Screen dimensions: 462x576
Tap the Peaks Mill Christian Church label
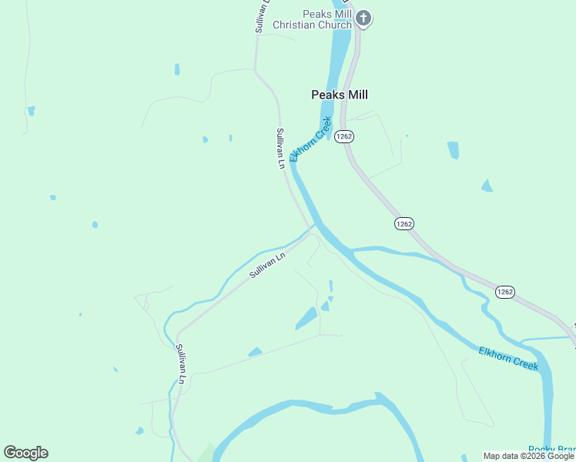pyautogui.click(x=312, y=19)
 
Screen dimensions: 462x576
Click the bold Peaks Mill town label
pyautogui.click(x=340, y=95)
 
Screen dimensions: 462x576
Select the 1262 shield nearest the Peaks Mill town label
pyautogui.click(x=344, y=136)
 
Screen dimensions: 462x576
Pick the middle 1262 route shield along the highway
pyautogui.click(x=404, y=223)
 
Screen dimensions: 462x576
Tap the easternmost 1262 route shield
pyautogui.click(x=504, y=292)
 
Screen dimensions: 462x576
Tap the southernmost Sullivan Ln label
pyautogui.click(x=181, y=364)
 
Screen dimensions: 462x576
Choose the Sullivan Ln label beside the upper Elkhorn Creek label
pyautogui.click(x=281, y=148)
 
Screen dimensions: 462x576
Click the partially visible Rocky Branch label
pyautogui.click(x=551, y=450)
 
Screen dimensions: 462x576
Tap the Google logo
pyautogui.click(x=25, y=453)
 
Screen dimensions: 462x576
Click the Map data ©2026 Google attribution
pyautogui.click(x=528, y=456)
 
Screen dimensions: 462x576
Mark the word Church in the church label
pyautogui.click(x=337, y=25)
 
